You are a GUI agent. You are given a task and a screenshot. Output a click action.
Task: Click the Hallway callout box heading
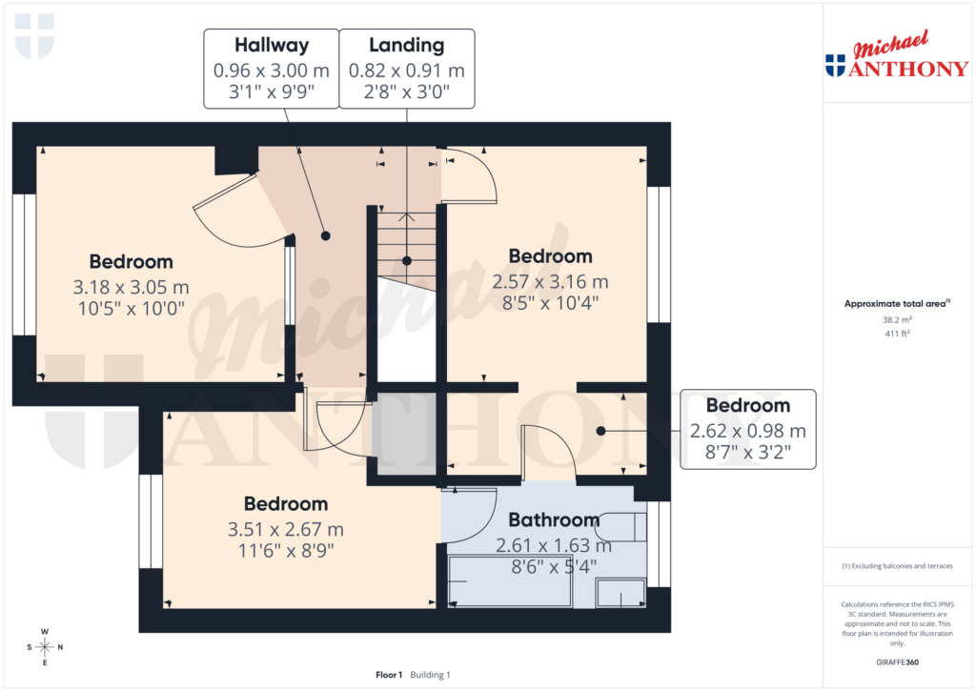(x=272, y=45)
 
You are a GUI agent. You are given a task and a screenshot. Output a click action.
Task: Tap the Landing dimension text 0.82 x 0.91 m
(x=407, y=70)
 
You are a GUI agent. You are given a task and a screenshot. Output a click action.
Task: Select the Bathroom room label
(x=554, y=520)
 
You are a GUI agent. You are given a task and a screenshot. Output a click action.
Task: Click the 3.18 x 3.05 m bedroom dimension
(x=131, y=286)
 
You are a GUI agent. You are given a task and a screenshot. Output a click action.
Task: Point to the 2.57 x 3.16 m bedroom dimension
(x=550, y=282)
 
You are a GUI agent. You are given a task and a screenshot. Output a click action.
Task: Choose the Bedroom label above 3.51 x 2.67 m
(x=286, y=503)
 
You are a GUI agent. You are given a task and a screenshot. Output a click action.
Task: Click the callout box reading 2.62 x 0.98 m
(x=747, y=429)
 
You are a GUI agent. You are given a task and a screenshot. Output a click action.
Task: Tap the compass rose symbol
(x=44, y=647)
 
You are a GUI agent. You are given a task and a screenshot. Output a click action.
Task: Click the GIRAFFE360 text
(x=898, y=661)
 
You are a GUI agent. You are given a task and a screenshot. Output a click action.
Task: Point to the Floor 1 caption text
(x=389, y=675)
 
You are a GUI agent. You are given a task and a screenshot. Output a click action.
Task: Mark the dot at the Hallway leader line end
(x=325, y=235)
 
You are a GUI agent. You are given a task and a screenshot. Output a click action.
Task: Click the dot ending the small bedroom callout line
(x=600, y=431)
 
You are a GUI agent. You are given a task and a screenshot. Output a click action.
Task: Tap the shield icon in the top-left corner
(x=35, y=35)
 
